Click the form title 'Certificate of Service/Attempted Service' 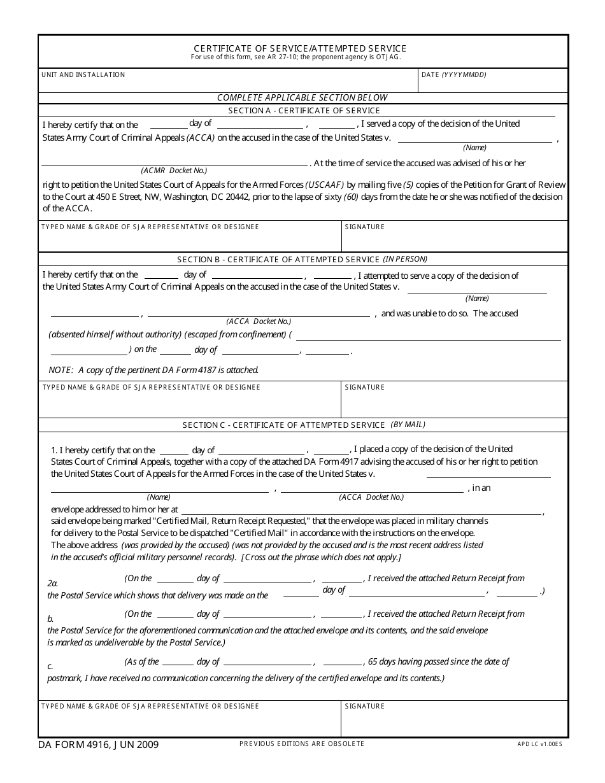300,48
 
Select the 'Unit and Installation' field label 83,75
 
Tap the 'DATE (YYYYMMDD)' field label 454,75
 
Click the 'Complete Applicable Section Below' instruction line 302,97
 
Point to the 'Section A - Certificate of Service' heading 304,111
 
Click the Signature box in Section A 454,239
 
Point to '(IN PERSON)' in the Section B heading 405,259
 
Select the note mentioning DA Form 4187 153,370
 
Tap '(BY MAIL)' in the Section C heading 408,425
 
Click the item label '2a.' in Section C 53,583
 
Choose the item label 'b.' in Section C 50,619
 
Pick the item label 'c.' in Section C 50,667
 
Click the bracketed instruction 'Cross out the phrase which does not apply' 321,557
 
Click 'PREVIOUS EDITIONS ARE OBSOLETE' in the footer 302,744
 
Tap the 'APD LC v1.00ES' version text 539,744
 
